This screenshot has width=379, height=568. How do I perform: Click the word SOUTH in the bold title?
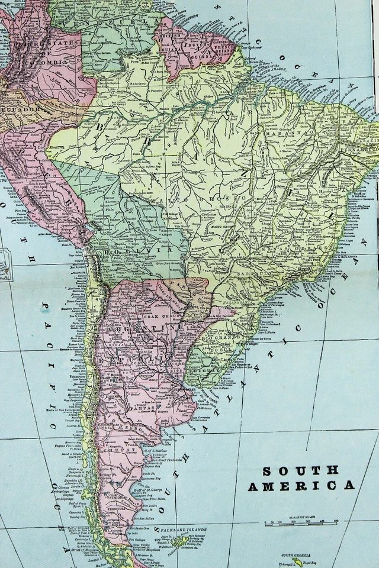[x=301, y=471]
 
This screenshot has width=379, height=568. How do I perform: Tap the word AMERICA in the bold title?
[x=301, y=486]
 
